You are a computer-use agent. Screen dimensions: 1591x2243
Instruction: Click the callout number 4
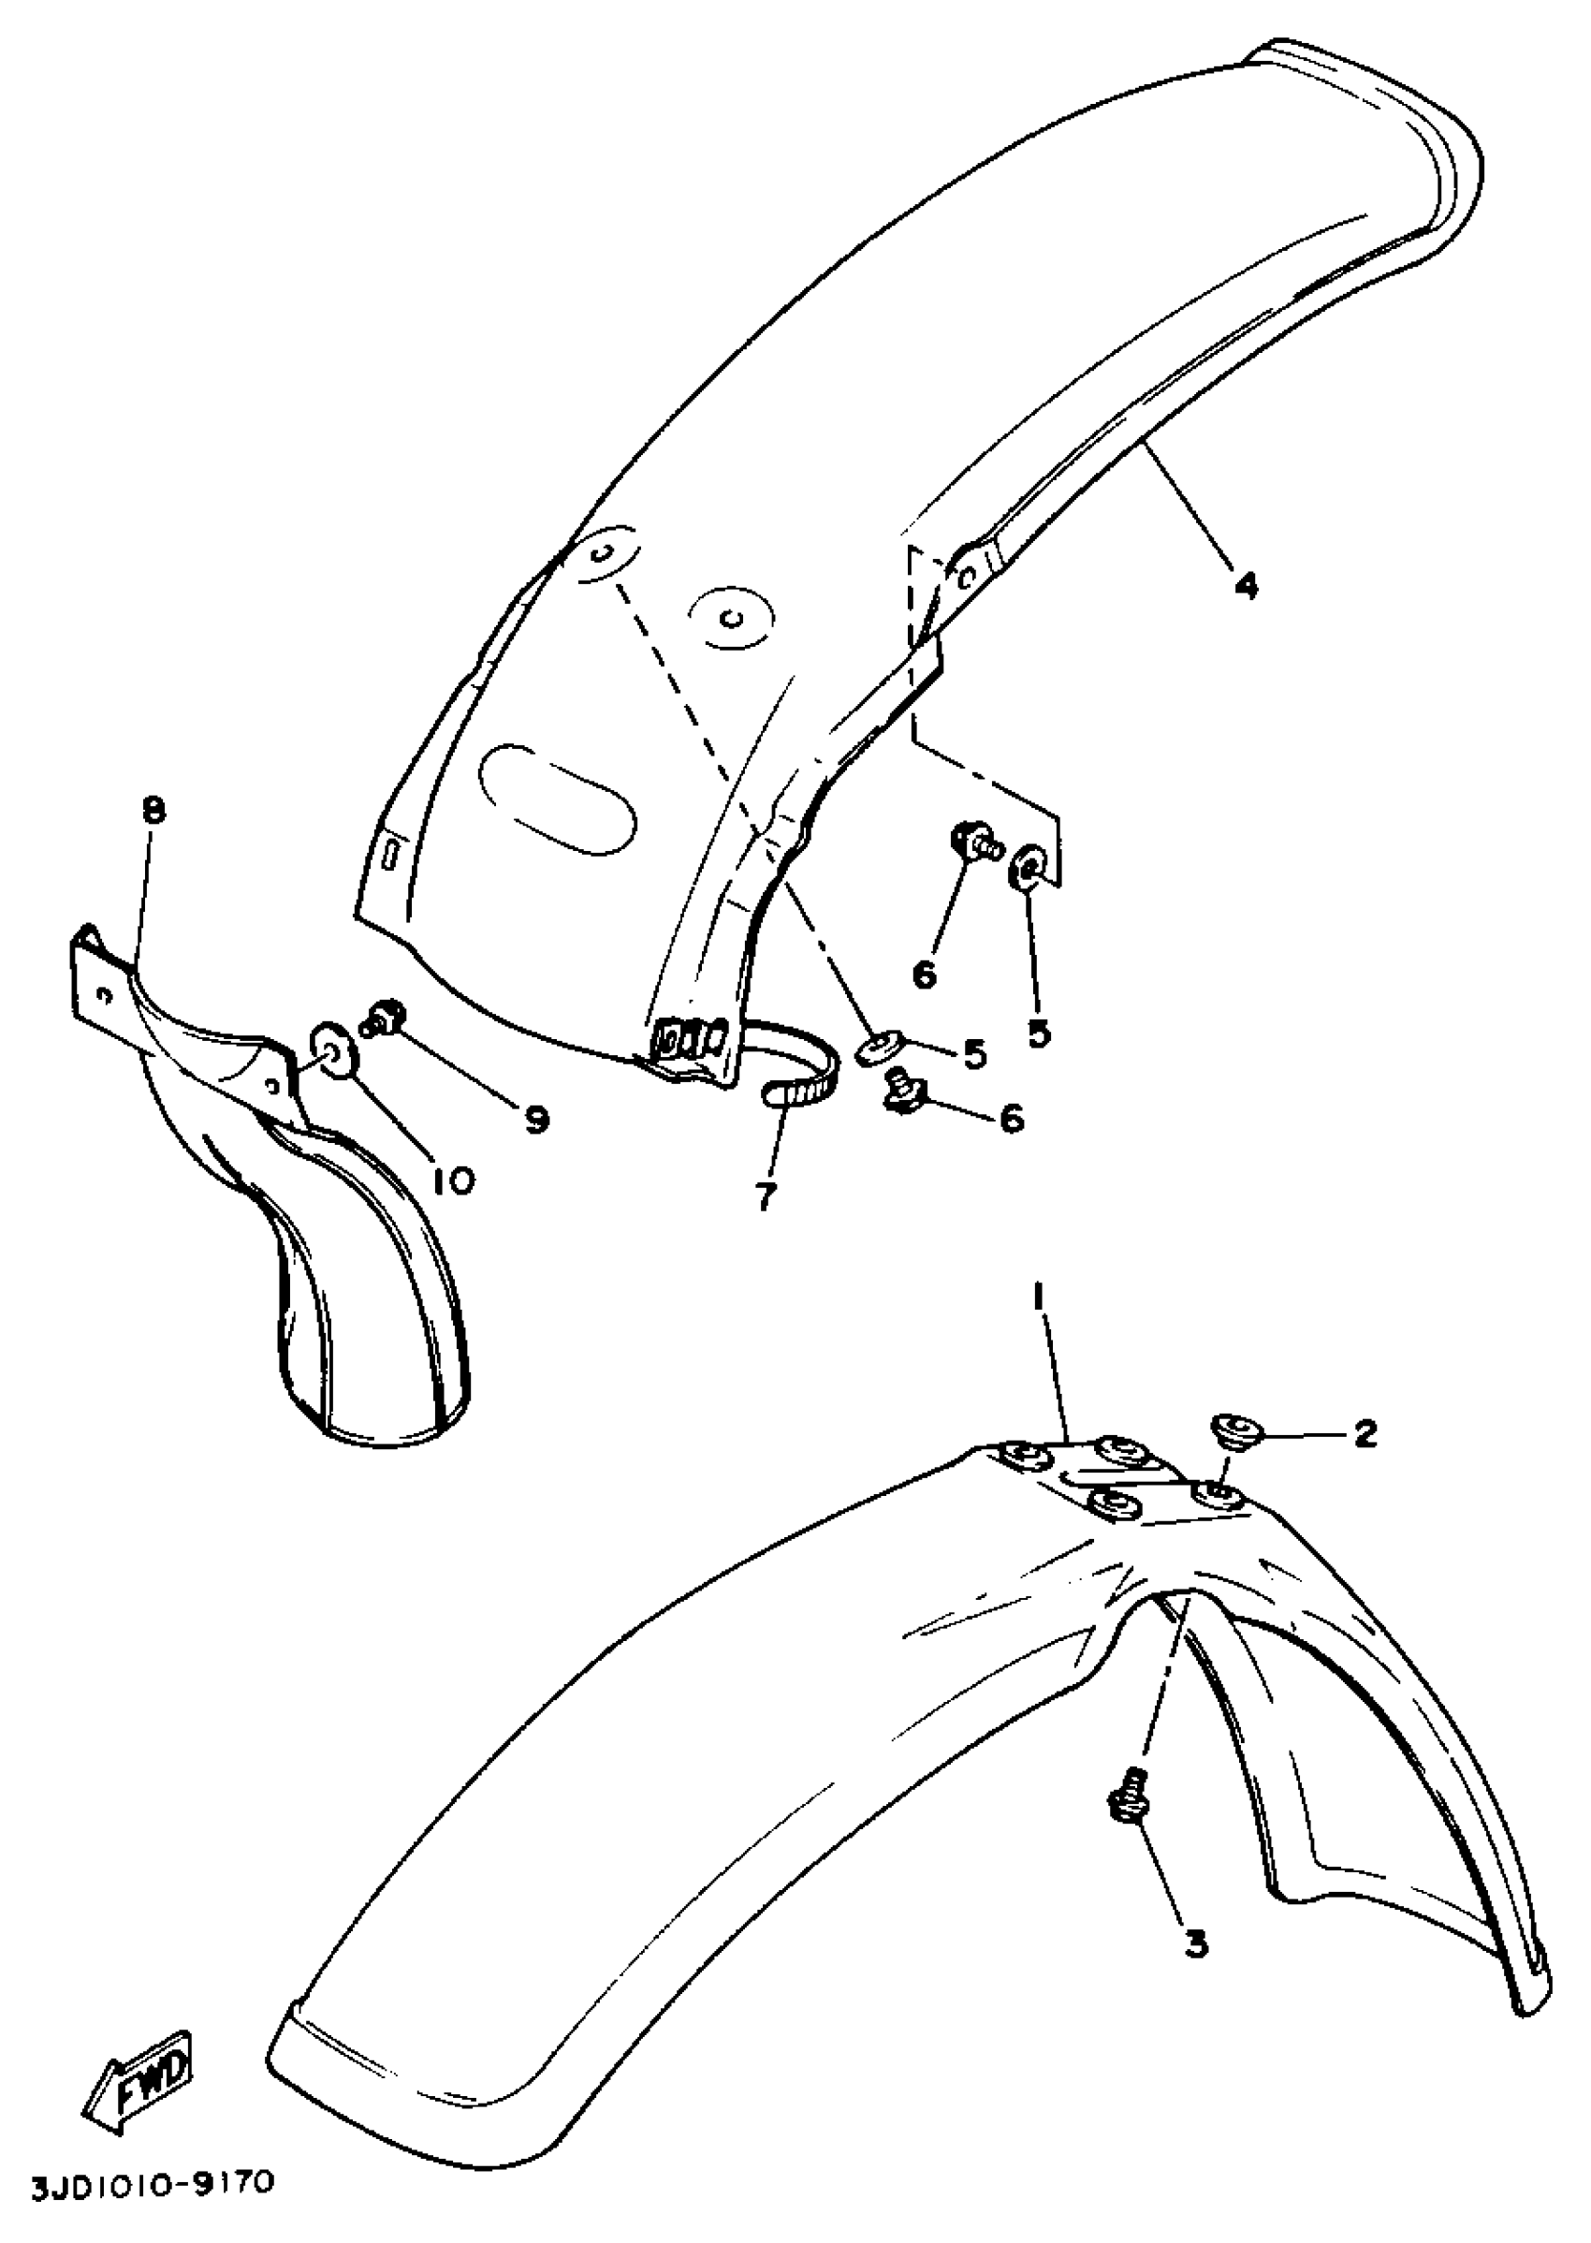point(1244,586)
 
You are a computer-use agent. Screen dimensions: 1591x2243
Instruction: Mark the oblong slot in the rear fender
point(557,802)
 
